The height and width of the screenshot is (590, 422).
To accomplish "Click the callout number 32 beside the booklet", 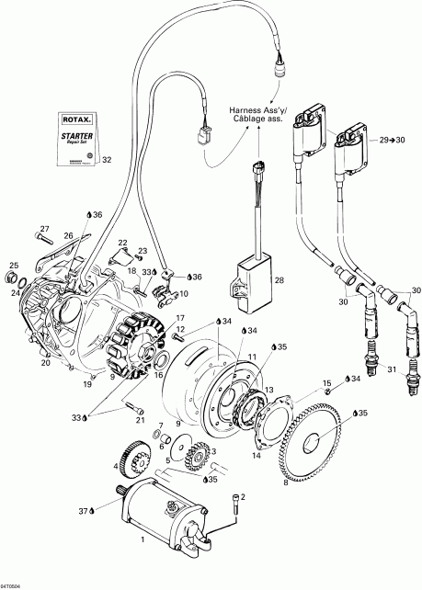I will (x=107, y=160).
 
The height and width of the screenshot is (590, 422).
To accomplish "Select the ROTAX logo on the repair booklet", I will (x=77, y=119).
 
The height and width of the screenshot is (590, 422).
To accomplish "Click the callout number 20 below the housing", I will (x=45, y=362).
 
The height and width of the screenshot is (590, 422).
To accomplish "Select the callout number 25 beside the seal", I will (x=13, y=267).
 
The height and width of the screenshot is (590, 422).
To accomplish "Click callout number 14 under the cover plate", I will (x=257, y=455).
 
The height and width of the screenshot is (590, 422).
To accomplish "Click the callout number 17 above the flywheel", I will (x=180, y=317).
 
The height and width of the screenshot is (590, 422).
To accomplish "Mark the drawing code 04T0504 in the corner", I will (x=12, y=584).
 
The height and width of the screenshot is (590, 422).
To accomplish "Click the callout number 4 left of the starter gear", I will (x=116, y=466).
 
